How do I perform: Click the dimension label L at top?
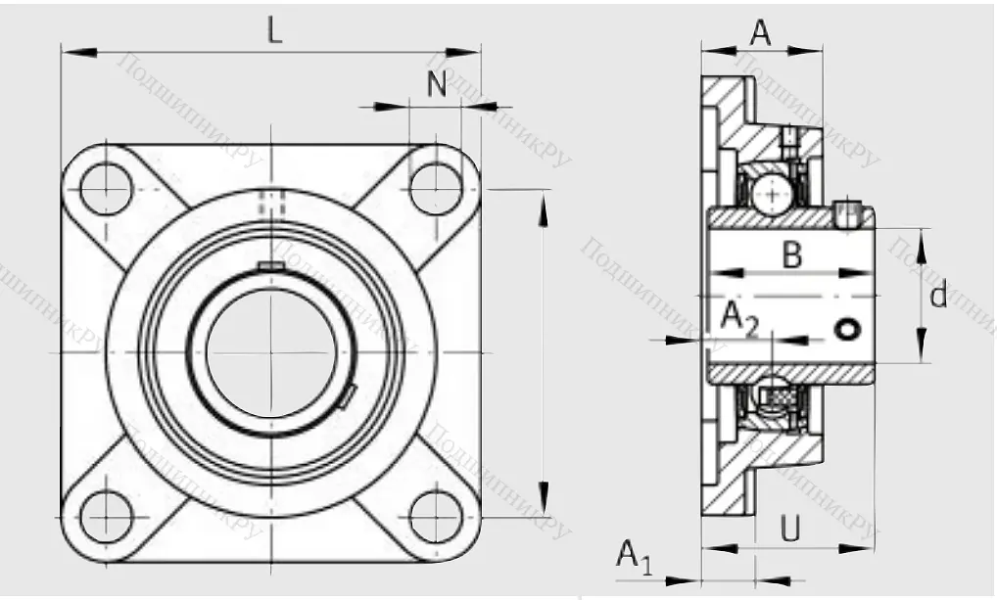click(x=275, y=31)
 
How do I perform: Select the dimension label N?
click(x=437, y=85)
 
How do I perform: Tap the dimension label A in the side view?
click(x=761, y=33)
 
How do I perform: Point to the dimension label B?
click(x=792, y=256)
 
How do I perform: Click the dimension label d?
click(x=939, y=295)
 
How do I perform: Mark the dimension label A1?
click(x=634, y=557)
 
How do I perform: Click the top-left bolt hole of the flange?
click(x=106, y=189)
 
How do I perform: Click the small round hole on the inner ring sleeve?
click(x=846, y=330)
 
